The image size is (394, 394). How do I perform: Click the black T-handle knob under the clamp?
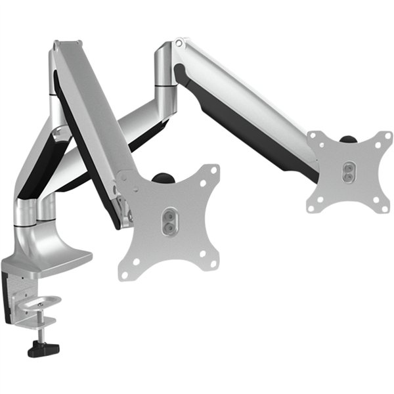(x=43, y=348)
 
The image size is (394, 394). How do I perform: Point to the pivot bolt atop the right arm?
(x=179, y=43)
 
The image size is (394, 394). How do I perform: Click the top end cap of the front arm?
(x=66, y=47)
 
